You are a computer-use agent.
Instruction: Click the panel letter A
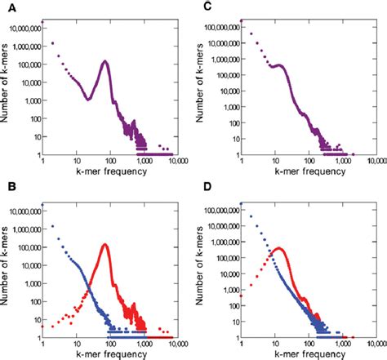[x=7, y=7]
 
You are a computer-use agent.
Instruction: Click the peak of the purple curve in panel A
[x=105, y=61]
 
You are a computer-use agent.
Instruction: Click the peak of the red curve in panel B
[x=105, y=244]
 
